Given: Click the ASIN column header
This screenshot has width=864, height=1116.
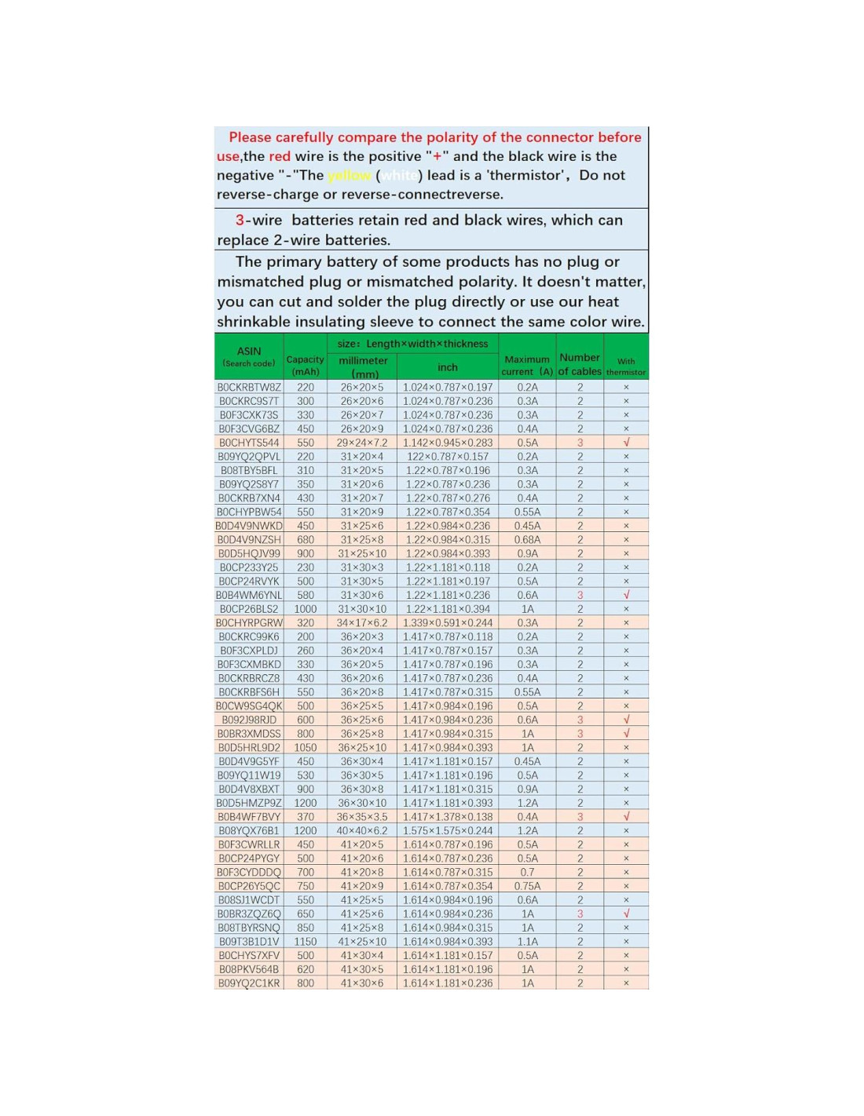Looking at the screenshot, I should (x=249, y=356).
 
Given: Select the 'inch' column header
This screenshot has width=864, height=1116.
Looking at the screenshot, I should (x=448, y=367).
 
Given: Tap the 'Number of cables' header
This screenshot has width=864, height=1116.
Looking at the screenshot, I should (x=580, y=364).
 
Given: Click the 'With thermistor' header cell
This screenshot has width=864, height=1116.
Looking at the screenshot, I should (x=626, y=367).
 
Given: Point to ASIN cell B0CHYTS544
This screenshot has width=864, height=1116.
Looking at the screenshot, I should (x=249, y=443).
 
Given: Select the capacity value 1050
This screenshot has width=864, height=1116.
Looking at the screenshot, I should (x=306, y=748).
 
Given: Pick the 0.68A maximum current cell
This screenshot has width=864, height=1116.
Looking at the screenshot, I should (x=527, y=540).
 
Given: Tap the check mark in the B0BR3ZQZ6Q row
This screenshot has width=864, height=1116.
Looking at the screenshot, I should (x=626, y=914).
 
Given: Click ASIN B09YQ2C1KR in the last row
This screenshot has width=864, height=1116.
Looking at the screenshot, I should (x=249, y=983).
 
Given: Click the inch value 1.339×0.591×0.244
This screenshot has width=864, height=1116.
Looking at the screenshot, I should (x=448, y=623).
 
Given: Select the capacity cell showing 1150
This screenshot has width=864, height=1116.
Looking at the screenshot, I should (x=306, y=942).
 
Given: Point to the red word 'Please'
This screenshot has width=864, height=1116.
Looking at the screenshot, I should (x=250, y=137).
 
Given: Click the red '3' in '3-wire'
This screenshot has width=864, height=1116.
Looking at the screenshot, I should (x=240, y=221).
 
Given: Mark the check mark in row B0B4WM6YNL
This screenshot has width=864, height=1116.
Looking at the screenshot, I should (x=626, y=595).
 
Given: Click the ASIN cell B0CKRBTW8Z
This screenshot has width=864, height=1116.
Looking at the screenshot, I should (x=249, y=388).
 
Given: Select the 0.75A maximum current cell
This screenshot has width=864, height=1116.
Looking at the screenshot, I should (x=527, y=886).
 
